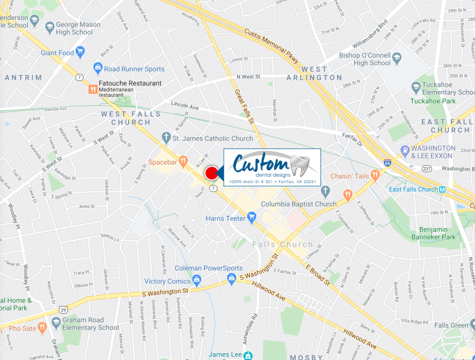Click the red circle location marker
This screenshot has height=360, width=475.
[x=212, y=173]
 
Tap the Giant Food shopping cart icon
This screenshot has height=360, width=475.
[x=80, y=53]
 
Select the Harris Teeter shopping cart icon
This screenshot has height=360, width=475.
[x=251, y=217]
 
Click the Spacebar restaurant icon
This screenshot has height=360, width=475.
[x=183, y=162]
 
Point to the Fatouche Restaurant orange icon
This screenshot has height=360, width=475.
[x=93, y=88]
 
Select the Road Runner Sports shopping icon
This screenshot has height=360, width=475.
[x=97, y=69]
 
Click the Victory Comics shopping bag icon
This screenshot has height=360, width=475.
[x=197, y=281]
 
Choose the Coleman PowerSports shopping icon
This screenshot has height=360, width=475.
[x=232, y=279]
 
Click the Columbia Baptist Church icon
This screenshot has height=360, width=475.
[x=326, y=204]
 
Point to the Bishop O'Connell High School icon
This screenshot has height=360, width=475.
[x=397, y=58]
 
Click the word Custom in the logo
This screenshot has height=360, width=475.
[x=261, y=165]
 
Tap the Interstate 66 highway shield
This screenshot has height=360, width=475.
[x=387, y=163]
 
